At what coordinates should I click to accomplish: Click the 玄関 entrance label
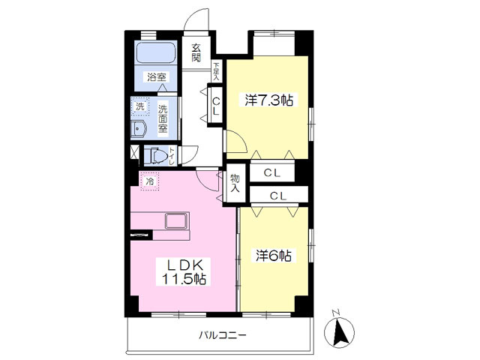196,52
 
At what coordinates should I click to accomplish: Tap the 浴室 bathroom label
157,77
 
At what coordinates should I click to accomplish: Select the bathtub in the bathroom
156,52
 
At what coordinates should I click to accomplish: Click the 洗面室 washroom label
163,118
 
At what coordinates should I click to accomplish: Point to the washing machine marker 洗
140,106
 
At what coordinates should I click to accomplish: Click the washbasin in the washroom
138,129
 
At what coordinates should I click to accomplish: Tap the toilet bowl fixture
156,155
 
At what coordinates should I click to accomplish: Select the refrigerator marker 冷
150,181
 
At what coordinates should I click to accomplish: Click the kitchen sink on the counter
176,221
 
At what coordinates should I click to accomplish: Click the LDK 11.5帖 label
184,271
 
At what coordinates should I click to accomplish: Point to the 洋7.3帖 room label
269,100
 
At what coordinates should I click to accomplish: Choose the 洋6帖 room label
273,256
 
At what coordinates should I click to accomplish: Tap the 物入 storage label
235,183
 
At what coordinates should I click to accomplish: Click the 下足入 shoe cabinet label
217,72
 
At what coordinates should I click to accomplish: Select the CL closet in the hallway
216,106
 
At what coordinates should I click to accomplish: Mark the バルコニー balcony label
223,335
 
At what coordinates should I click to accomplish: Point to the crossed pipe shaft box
135,152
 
